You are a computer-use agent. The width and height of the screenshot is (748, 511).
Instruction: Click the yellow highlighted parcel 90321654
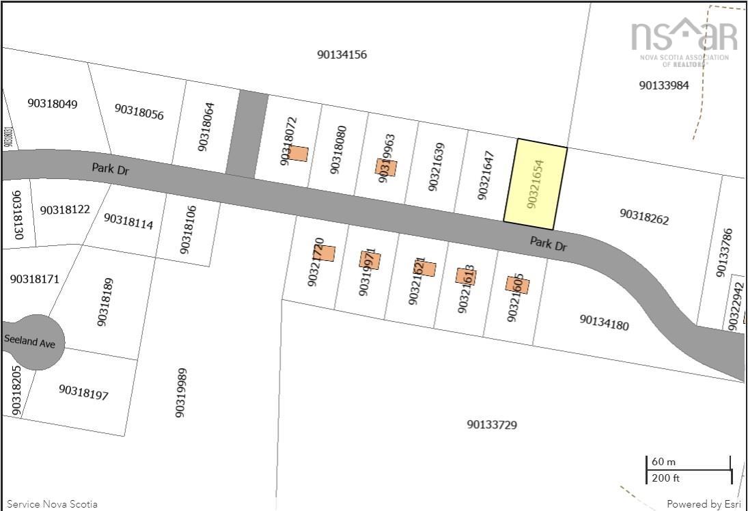coord(536,184)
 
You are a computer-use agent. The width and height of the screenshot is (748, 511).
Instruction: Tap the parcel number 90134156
coord(342,55)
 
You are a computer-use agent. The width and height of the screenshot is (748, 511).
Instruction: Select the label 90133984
coord(663,85)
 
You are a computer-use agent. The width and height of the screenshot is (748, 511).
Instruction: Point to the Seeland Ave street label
coord(29,341)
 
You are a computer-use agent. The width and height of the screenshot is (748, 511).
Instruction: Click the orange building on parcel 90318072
coord(298,154)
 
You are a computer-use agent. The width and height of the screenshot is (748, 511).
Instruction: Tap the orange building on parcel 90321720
coord(326,253)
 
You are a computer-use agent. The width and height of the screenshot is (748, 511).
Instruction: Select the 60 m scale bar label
coord(663,462)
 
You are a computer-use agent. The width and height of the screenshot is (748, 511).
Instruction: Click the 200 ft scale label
coord(665,478)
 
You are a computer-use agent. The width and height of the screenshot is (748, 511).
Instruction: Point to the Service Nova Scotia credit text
coord(52,504)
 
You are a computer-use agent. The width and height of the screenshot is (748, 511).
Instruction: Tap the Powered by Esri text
coord(703,504)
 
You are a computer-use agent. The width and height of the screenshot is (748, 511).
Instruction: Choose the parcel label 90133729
coord(492,425)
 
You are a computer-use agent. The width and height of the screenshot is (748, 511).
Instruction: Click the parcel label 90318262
coord(644,217)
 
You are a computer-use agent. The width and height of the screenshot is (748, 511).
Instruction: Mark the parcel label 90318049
coord(53,104)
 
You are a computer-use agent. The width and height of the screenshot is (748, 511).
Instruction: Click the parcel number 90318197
coord(83,392)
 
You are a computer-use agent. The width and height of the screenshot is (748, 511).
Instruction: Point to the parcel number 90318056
coord(139,112)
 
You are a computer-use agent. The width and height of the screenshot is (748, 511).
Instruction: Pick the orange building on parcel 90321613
coord(466,275)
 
